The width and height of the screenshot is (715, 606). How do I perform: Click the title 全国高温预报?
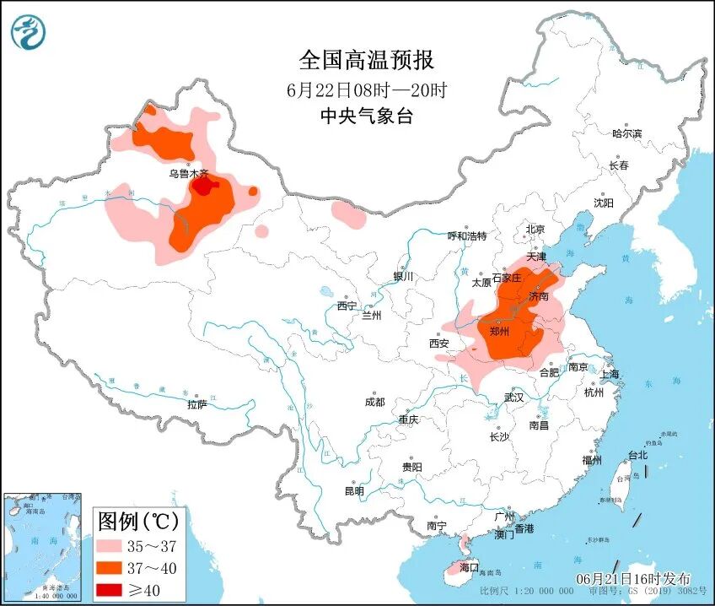(x=366, y=60)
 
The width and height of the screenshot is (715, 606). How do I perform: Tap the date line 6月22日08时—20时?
(x=366, y=89)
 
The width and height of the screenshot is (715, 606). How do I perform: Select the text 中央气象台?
(x=366, y=116)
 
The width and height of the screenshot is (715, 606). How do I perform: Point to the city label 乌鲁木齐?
(x=187, y=173)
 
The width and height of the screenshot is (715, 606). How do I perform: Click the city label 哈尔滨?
(x=626, y=133)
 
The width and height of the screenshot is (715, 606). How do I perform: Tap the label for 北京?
(x=535, y=230)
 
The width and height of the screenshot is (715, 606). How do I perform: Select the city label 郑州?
(x=499, y=332)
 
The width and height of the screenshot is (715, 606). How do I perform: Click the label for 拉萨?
(x=196, y=405)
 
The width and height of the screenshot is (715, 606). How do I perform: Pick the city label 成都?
(x=375, y=402)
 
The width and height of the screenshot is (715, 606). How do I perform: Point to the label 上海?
(x=610, y=374)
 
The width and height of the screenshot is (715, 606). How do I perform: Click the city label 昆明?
(x=353, y=491)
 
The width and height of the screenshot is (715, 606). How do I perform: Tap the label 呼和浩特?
(x=466, y=235)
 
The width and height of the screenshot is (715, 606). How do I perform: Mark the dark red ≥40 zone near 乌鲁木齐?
(x=204, y=187)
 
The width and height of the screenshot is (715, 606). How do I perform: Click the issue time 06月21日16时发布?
(x=633, y=579)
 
